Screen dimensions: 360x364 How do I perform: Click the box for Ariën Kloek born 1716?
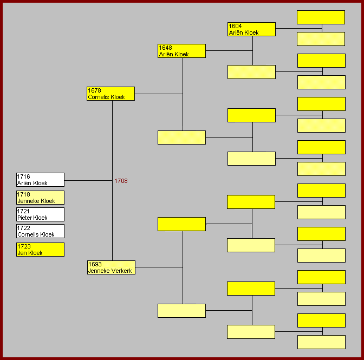tap(40, 180)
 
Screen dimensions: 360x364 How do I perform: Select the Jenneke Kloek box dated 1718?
tap(40, 198)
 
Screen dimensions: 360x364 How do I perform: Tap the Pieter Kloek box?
tap(40, 214)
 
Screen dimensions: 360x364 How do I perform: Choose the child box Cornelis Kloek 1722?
tap(40, 231)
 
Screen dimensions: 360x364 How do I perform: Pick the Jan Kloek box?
tap(40, 250)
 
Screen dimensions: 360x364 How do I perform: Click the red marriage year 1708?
tap(121, 181)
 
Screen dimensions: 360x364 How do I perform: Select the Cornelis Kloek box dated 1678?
tap(110, 94)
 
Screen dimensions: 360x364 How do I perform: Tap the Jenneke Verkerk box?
tap(111, 267)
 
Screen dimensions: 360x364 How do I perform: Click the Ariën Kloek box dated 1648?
tap(181, 51)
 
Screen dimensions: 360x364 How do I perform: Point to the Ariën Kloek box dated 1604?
tap(251, 29)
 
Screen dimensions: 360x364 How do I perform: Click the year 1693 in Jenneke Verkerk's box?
tap(95, 264)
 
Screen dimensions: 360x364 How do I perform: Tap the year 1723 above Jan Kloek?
tap(24, 246)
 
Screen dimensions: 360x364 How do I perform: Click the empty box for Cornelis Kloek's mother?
tap(181, 138)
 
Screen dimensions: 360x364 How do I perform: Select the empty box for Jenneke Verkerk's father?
tap(181, 224)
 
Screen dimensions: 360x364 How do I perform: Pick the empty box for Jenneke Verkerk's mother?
tap(181, 311)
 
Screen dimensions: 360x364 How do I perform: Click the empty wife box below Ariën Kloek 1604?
tap(251, 72)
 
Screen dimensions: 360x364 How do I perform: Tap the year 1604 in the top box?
tap(235, 26)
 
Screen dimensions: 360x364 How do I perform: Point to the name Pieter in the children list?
tap(25, 218)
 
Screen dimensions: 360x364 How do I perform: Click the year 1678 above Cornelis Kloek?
tap(94, 90)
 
